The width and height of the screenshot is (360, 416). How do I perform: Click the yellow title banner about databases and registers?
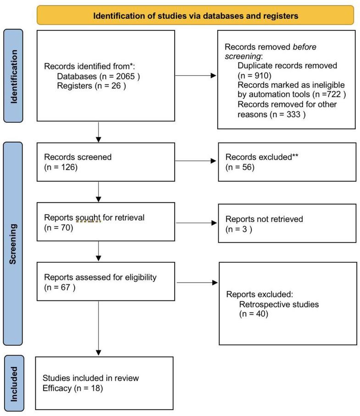(x=195, y=16)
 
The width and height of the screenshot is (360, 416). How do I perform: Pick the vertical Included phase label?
(x=13, y=383)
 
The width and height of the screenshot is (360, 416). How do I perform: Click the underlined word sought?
(x=88, y=217)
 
